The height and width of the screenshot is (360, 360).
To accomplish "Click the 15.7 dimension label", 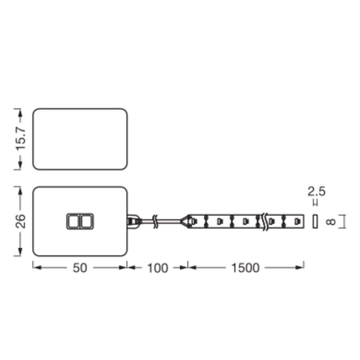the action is tap(21, 139).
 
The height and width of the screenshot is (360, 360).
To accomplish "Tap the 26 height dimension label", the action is tap(21, 221).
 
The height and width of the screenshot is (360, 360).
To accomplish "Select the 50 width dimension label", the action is tap(80, 268).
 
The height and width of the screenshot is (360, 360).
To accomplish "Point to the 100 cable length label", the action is tap(158, 268).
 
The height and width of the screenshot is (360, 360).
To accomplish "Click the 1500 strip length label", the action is tap(246, 268).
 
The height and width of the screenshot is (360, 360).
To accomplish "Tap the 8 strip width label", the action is tap(331, 221).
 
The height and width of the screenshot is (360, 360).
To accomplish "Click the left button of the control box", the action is tap(73, 221).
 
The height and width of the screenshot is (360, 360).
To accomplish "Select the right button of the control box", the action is tap(87, 221).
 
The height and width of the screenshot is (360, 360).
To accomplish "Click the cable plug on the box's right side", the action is tap(133, 221).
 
